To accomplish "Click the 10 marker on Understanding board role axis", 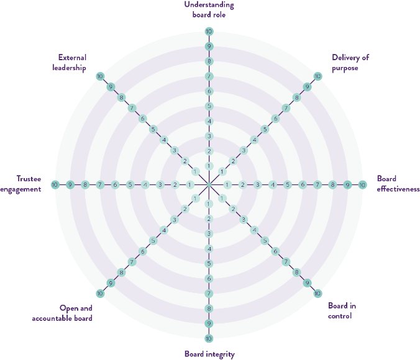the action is pos(209,31).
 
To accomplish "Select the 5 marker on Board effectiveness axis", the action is pos(288,185).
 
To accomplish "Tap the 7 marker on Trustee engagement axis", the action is pos(100,185).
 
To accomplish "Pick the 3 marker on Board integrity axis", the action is pos(209,233).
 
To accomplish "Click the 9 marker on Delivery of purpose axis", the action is pos(307,87).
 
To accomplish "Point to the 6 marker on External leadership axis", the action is pos(142,119).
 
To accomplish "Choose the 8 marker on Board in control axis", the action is pos(296,272).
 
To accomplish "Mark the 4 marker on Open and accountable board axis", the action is pos(164,230).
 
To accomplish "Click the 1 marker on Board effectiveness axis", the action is pos(227,185).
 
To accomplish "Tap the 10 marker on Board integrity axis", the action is pos(209,339).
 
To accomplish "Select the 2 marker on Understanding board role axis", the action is pos(209,151).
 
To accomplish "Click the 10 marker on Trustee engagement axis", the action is pos(55,185).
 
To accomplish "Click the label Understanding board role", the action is pos(209,9).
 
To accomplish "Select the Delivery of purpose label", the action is pos(350,63).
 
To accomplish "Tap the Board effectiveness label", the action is pos(398,184).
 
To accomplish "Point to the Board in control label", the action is pos(342,311).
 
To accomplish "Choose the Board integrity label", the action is pos(209,354).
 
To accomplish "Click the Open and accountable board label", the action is pos(62,313).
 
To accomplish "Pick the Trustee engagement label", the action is pos(21,184).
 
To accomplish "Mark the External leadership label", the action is pos(70,63).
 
